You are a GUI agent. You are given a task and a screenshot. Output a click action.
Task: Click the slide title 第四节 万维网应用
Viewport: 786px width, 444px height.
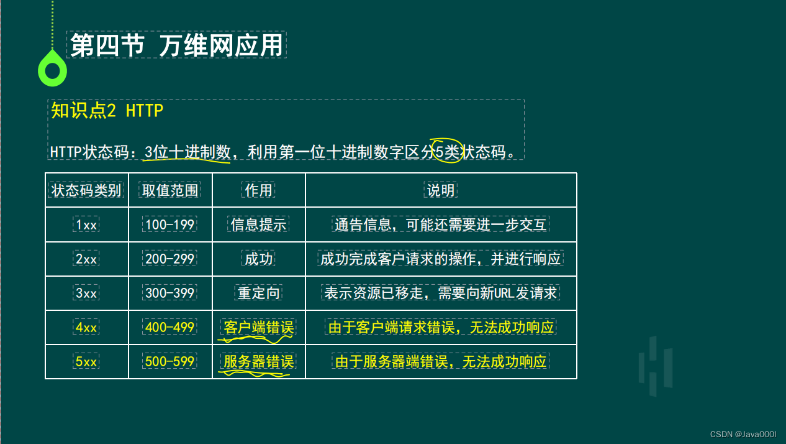(176, 45)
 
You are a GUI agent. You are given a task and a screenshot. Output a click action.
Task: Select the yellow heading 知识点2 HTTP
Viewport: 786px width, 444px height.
(107, 111)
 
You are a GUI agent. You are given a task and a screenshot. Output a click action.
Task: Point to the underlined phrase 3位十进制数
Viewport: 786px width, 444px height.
(187, 152)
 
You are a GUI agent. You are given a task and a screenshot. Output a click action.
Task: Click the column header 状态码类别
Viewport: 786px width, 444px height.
(86, 190)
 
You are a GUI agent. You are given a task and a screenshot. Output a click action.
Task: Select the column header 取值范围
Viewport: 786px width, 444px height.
(170, 190)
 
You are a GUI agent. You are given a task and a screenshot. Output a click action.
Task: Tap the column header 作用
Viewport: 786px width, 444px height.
(258, 190)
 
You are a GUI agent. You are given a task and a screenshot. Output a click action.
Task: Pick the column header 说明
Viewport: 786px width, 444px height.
(441, 190)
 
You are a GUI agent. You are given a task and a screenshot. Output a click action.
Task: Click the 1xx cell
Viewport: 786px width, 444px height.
(86, 224)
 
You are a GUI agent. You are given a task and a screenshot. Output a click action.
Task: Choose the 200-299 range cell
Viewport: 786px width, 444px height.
(170, 259)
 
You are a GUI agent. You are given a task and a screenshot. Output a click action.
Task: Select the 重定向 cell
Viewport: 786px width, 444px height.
(258, 293)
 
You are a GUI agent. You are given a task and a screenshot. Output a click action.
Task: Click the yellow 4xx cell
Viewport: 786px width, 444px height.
(86, 327)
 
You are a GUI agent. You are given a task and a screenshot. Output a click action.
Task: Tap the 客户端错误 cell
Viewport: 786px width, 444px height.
(258, 327)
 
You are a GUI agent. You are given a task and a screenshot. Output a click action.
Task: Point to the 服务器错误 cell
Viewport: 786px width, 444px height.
(258, 361)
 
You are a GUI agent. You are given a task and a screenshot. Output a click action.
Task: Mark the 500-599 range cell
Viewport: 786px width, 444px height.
(170, 361)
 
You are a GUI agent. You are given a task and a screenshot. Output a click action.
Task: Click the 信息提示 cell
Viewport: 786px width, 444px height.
(258, 224)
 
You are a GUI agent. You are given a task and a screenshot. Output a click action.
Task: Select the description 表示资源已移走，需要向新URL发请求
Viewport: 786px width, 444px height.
(441, 293)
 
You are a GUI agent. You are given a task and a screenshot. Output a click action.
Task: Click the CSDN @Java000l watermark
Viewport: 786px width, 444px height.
(743, 434)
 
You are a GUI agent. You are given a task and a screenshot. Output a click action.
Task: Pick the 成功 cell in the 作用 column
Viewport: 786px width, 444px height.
(258, 259)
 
